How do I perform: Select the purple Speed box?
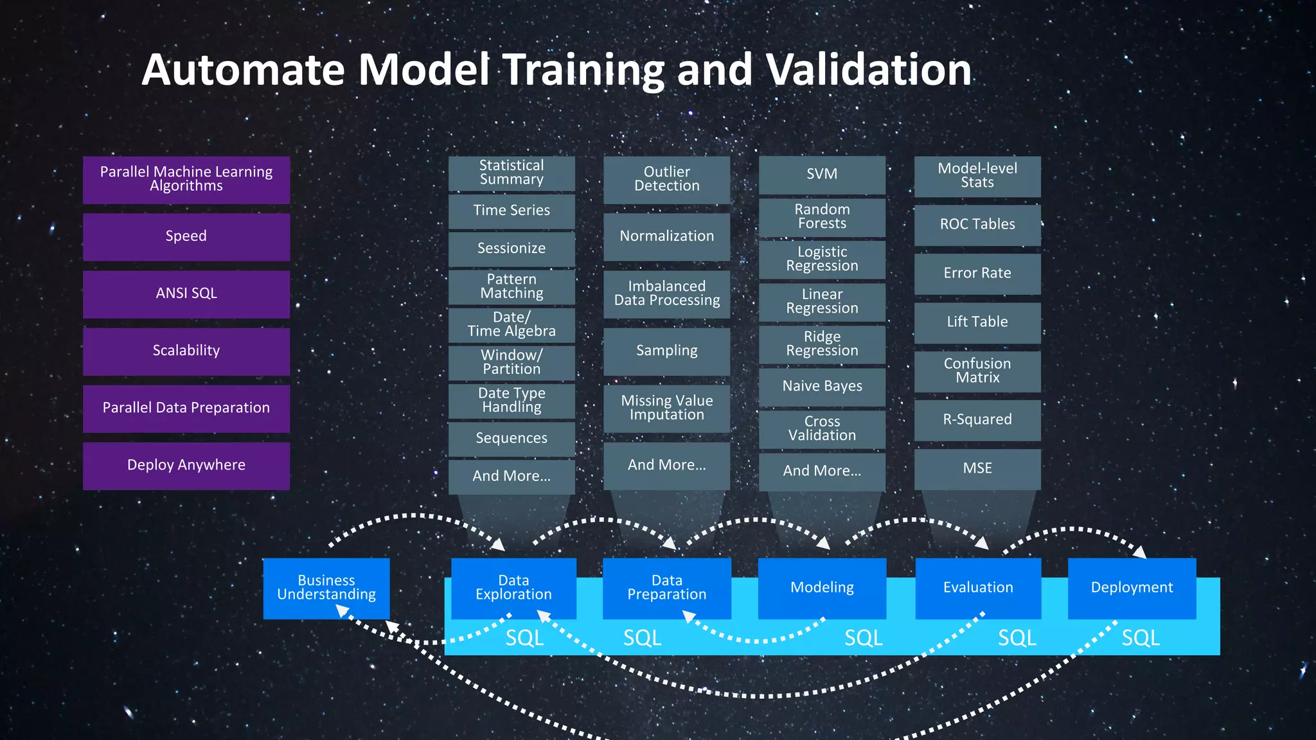pos(186,236)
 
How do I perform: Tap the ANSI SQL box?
pos(186,294)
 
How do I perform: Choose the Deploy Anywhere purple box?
pos(186,465)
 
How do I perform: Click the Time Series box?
pos(511,211)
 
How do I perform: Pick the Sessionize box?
pos(511,249)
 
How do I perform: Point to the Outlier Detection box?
pos(666,179)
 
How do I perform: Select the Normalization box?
pos(666,236)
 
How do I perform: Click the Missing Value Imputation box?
pos(666,408)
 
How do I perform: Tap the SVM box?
pos(822,174)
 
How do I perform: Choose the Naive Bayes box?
pos(822,386)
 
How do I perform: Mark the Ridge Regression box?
pos(822,344)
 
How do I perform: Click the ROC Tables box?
pos(977,224)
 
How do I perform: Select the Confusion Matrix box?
pos(977,371)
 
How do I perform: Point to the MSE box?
pos(977,468)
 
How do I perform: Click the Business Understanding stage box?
pos(326,588)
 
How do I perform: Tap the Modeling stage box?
pos(822,588)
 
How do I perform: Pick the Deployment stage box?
pos(1132,588)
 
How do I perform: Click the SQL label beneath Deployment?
pos(1141,638)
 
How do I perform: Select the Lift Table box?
pos(977,322)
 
